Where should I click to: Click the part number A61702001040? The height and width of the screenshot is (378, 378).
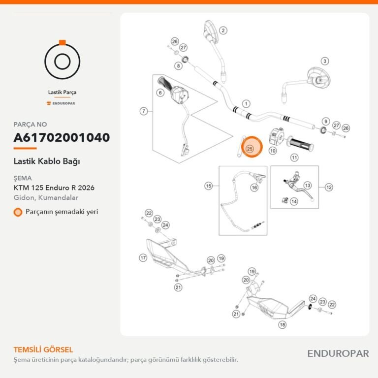click(x=62, y=137)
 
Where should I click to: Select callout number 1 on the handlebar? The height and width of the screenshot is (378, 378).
click(x=246, y=104)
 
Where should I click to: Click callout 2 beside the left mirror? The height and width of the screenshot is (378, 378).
click(x=223, y=31)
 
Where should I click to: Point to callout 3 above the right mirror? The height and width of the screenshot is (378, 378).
click(x=325, y=61)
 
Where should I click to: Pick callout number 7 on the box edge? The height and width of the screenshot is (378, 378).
click(x=144, y=111)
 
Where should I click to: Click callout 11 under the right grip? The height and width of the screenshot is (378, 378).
click(x=294, y=157)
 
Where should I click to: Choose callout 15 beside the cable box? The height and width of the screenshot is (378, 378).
click(x=209, y=186)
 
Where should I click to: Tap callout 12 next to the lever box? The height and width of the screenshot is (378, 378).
click(x=329, y=188)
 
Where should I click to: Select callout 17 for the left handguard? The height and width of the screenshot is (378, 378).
click(x=143, y=258)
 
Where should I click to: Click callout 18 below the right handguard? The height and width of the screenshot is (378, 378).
click(x=283, y=325)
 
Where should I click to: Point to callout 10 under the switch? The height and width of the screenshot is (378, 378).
click(x=273, y=151)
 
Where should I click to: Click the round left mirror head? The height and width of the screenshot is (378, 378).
click(x=211, y=31)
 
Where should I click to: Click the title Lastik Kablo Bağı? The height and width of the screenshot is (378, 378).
click(x=47, y=161)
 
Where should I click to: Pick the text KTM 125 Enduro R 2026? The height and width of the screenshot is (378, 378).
click(x=54, y=188)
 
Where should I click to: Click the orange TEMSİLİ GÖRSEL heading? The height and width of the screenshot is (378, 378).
click(x=43, y=349)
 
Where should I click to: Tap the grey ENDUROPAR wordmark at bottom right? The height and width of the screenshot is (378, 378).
click(x=338, y=354)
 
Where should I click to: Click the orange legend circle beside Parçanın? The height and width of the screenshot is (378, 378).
click(x=18, y=212)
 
